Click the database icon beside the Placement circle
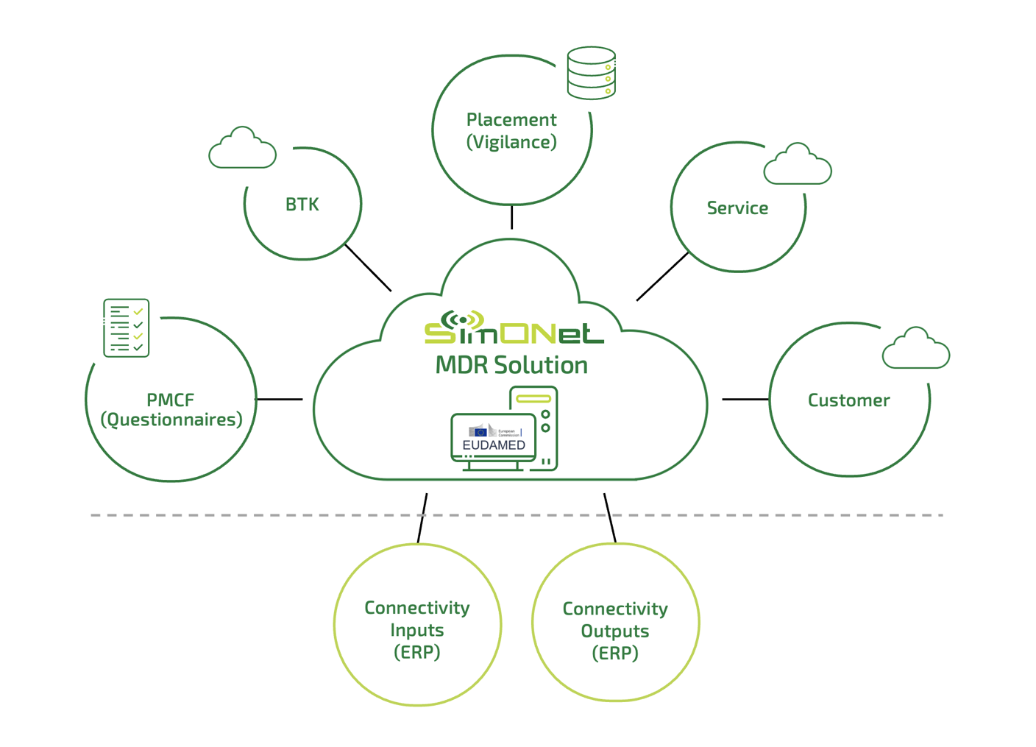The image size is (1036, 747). (x=592, y=73)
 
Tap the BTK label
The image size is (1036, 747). (x=302, y=205)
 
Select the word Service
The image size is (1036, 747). (x=737, y=208)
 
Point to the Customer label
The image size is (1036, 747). (x=848, y=400)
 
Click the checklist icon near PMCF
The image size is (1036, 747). (x=127, y=328)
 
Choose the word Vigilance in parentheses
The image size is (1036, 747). (x=511, y=142)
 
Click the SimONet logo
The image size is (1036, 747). (x=514, y=329)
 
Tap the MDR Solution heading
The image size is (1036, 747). (x=511, y=365)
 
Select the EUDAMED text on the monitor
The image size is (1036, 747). (x=494, y=445)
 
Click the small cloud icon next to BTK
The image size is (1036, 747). (x=242, y=149)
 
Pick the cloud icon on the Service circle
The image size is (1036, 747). (x=798, y=165)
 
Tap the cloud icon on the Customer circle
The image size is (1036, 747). (x=916, y=349)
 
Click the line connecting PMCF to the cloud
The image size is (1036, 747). (x=279, y=399)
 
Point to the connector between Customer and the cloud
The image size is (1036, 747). (x=745, y=399)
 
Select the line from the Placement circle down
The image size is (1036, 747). (x=511, y=217)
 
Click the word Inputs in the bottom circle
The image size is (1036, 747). (x=416, y=630)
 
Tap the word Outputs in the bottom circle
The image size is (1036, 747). (x=615, y=631)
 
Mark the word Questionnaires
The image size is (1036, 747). (x=171, y=419)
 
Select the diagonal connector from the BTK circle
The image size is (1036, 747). (x=368, y=268)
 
